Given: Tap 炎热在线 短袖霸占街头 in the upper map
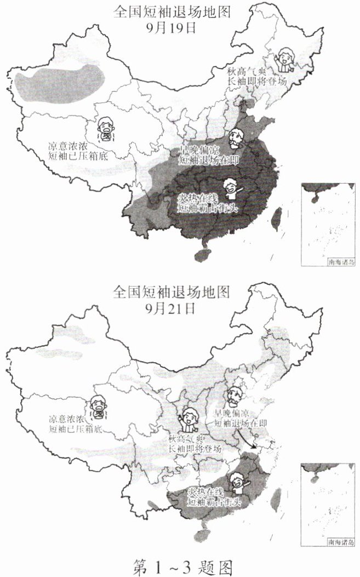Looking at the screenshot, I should pyautogui.click(x=209, y=203).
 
